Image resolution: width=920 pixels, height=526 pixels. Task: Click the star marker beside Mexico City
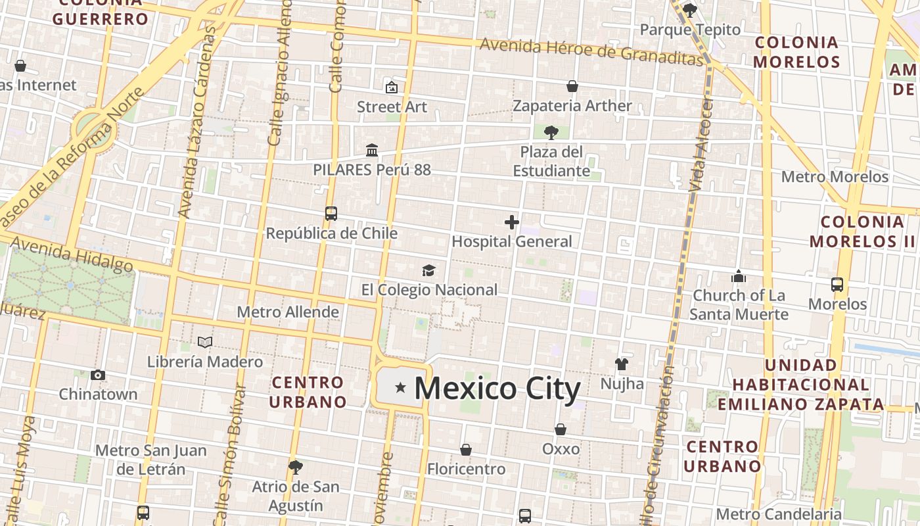point(400,388)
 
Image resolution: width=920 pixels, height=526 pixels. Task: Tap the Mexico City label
point(497,389)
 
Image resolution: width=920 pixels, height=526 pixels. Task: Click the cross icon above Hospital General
point(512,222)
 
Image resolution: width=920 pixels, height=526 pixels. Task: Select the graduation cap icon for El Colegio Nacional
point(428,270)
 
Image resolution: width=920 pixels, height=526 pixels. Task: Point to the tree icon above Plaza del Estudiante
point(551,133)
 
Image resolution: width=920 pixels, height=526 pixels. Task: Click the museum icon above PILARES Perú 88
point(372,151)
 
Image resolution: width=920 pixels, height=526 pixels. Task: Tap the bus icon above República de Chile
point(331,214)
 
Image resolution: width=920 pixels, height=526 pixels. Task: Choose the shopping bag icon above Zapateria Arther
point(572,86)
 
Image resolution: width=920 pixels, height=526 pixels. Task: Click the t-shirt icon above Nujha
point(622,364)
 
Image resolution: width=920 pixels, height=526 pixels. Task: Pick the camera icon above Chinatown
point(98,375)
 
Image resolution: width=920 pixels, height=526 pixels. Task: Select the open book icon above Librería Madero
point(205,343)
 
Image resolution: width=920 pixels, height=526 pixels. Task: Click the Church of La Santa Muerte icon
point(739,276)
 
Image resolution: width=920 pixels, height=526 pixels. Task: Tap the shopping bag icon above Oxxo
point(561,429)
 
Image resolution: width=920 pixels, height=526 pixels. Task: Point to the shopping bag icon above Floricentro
point(466,450)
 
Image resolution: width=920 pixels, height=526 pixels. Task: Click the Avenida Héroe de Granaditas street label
point(591,51)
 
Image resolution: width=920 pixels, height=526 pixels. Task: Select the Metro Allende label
point(288,312)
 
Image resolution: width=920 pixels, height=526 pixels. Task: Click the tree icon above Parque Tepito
point(689,10)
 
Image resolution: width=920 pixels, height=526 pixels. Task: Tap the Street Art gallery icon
point(392,87)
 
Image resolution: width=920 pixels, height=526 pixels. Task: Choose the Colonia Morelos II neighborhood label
point(862,231)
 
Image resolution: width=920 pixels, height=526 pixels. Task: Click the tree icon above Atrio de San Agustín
point(296,467)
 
